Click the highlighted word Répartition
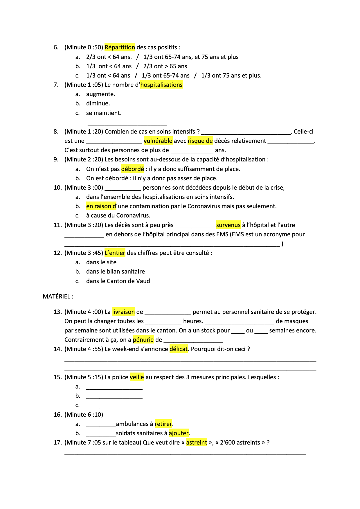tap(120, 47)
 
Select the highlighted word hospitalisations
tap(161, 85)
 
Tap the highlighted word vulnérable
tap(158, 141)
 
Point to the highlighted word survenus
tap(228, 225)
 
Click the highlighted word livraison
tap(123, 312)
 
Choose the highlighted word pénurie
tap(143, 340)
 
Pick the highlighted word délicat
tap(179, 349)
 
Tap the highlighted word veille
tap(137, 377)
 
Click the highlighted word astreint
tap(197, 443)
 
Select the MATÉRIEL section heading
tap(58, 296)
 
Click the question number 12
tap(57, 253)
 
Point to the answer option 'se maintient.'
tap(104, 113)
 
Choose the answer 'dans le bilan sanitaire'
tap(115, 271)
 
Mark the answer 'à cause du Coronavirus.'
tap(118, 215)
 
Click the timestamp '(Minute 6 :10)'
tap(84, 415)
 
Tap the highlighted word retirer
tap(163, 424)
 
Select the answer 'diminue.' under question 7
tap(98, 103)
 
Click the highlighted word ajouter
tap(179, 433)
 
